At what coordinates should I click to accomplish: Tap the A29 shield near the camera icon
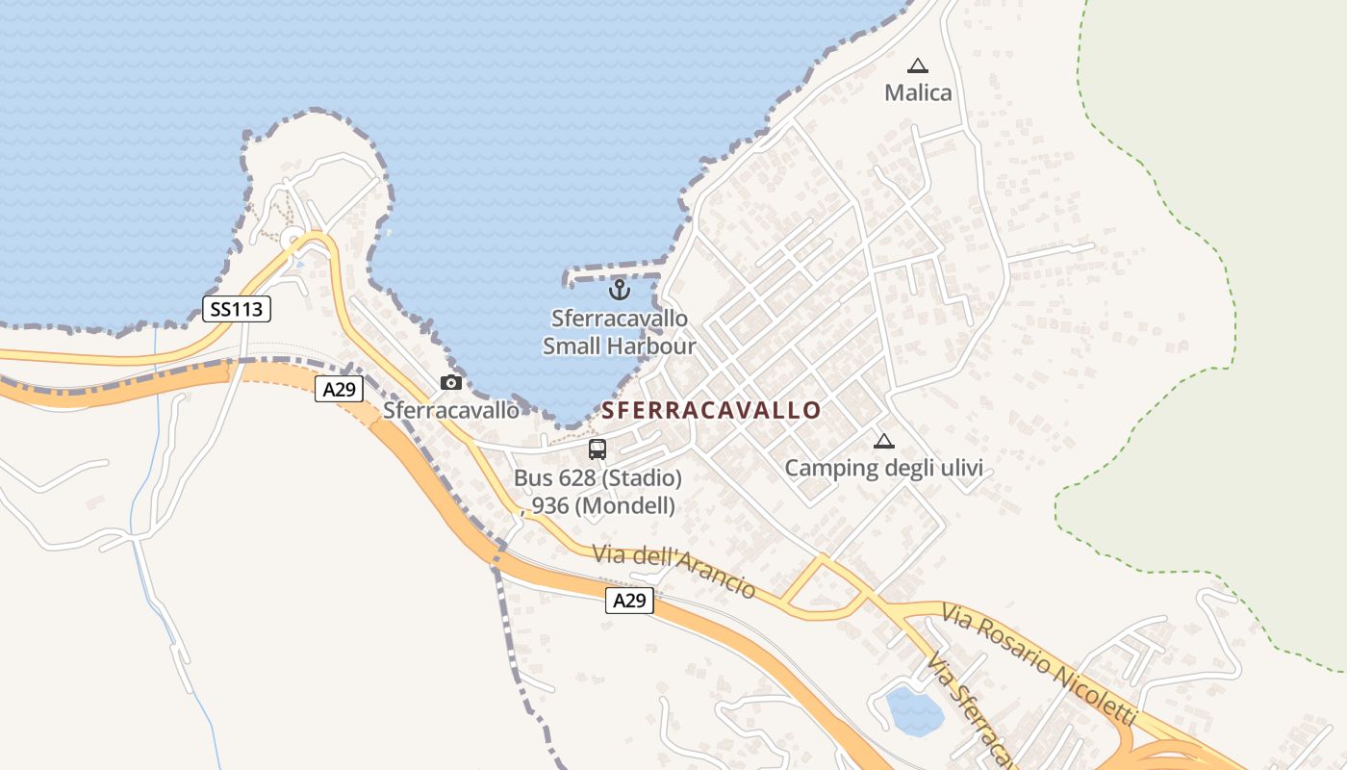pyautogui.click(x=339, y=389)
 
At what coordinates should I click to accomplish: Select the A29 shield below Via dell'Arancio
pyautogui.click(x=629, y=601)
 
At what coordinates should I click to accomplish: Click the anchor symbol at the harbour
pyautogui.click(x=620, y=289)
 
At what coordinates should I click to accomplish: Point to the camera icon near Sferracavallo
pyautogui.click(x=450, y=383)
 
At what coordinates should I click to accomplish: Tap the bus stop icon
pyautogui.click(x=597, y=449)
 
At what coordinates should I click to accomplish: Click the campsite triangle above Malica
pyautogui.click(x=918, y=66)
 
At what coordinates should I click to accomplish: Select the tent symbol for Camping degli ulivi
pyautogui.click(x=883, y=442)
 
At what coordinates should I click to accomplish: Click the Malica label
pyautogui.click(x=918, y=93)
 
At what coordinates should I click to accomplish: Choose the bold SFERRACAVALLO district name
pyautogui.click(x=712, y=411)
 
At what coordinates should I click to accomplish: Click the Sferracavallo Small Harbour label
pyautogui.click(x=620, y=332)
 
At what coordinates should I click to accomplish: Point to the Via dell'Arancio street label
pyautogui.click(x=673, y=570)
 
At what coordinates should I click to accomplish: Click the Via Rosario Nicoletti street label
pyautogui.click(x=1039, y=664)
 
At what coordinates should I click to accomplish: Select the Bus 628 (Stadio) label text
pyautogui.click(x=597, y=478)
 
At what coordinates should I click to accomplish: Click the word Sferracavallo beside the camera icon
pyautogui.click(x=450, y=411)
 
